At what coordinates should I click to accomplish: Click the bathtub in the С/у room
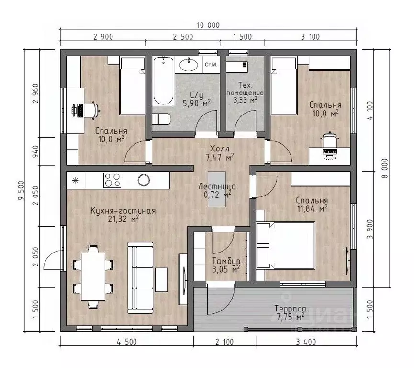[164, 81]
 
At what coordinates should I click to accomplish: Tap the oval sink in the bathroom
[189, 64]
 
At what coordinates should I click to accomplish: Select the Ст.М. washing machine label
[211, 65]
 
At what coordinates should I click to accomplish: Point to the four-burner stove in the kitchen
[112, 180]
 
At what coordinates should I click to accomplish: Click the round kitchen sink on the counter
[144, 180]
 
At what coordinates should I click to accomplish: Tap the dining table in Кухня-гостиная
[93, 276]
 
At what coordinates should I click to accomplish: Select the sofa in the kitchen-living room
[140, 277]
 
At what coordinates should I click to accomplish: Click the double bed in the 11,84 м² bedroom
[286, 246]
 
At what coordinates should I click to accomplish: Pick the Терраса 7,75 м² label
[291, 312]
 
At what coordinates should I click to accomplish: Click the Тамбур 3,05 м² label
[226, 265]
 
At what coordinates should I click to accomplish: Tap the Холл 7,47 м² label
[220, 153]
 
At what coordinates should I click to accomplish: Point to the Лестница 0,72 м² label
[217, 191]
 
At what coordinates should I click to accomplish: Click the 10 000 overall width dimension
[208, 25]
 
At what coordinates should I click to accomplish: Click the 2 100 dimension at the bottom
[224, 342]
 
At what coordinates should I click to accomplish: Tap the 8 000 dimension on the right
[385, 168]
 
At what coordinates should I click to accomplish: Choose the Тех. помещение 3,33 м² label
[245, 92]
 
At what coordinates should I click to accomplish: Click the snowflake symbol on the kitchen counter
[76, 181]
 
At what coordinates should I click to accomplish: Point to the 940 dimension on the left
[35, 151]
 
